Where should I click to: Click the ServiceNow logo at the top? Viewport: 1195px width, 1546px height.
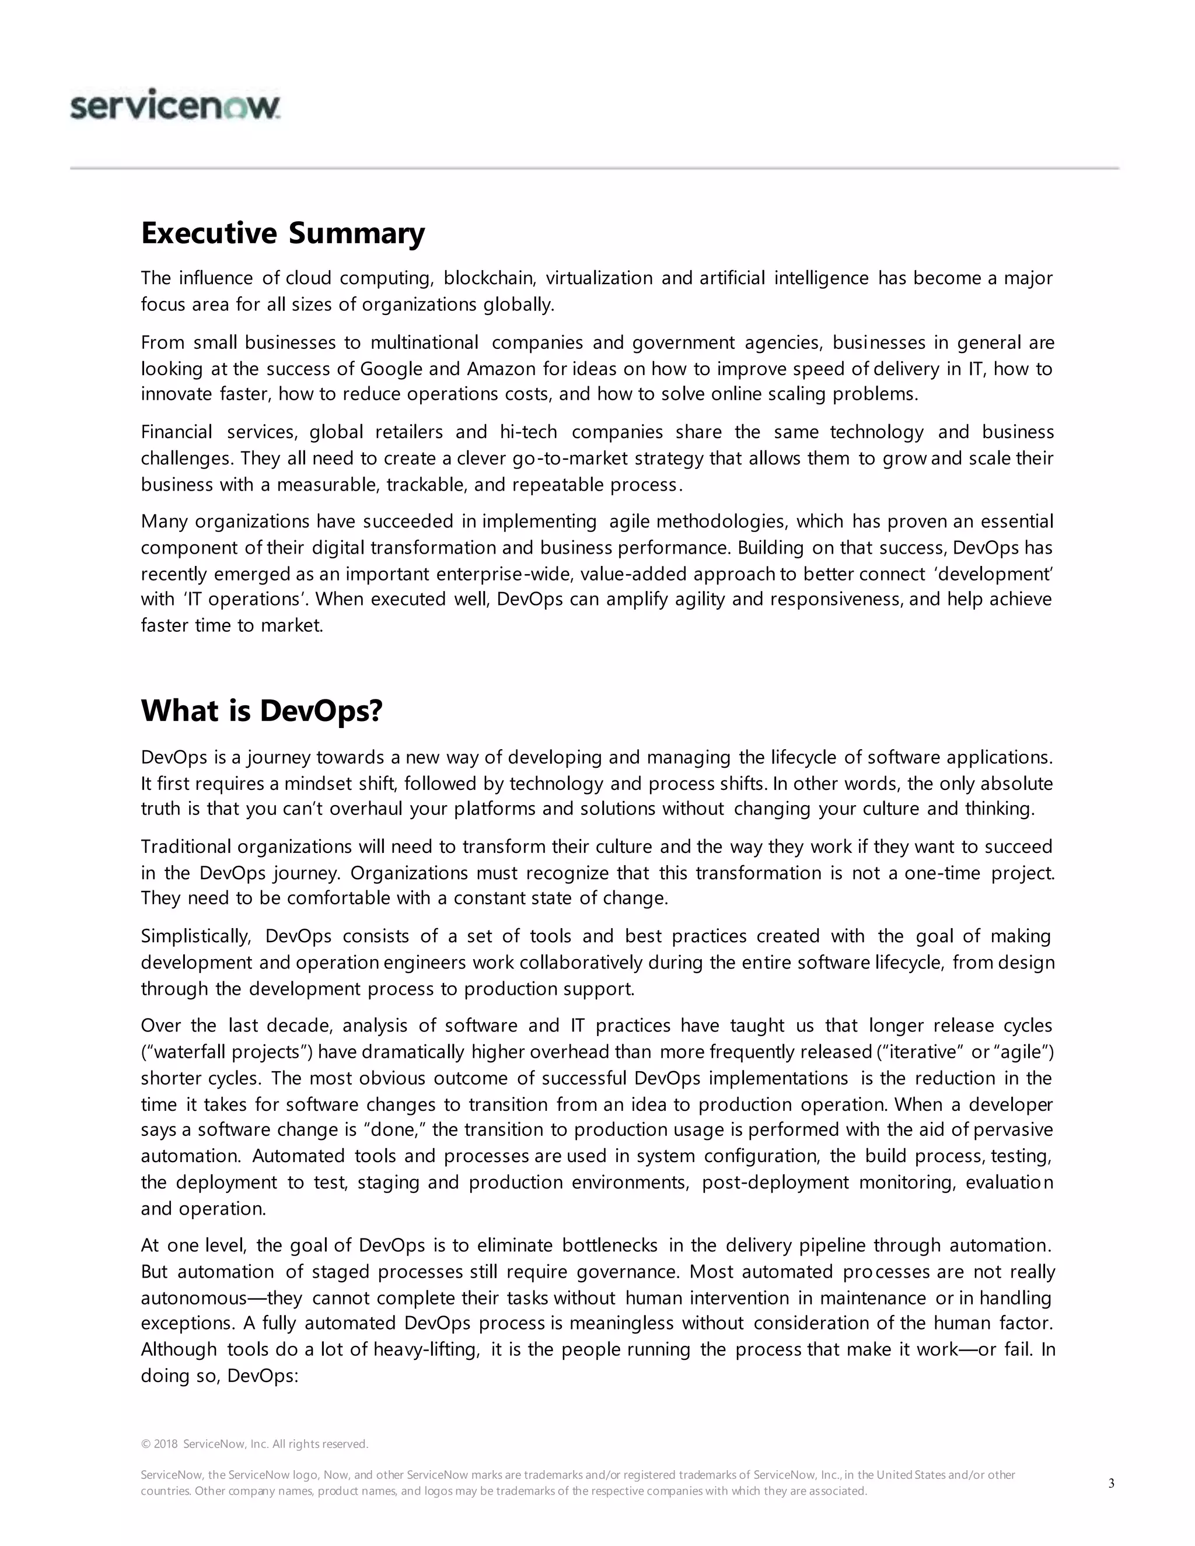tap(175, 107)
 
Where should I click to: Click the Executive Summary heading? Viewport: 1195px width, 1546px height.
tap(282, 233)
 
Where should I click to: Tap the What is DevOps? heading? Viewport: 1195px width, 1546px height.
tap(261, 710)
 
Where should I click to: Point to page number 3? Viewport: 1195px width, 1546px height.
tap(1111, 1483)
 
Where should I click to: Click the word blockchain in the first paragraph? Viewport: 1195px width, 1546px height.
tap(489, 278)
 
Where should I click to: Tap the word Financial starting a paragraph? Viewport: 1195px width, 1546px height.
tap(176, 432)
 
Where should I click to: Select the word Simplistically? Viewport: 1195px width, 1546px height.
tap(196, 936)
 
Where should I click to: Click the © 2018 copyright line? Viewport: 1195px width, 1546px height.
tap(255, 1444)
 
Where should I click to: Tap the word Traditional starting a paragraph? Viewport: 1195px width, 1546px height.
tap(186, 847)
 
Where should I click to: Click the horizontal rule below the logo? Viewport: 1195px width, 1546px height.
tap(595, 169)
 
